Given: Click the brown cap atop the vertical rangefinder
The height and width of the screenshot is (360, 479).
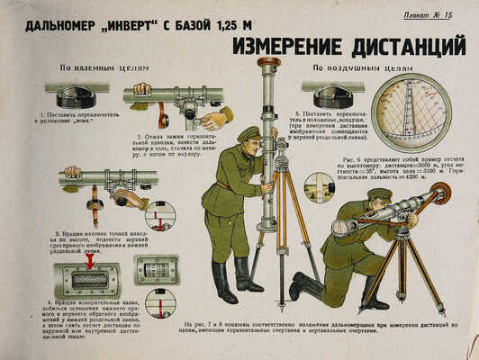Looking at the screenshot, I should point(268,62).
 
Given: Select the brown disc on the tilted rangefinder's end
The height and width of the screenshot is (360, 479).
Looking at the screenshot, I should point(440,192).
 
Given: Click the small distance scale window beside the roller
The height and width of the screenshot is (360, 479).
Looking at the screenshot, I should point(155,271).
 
